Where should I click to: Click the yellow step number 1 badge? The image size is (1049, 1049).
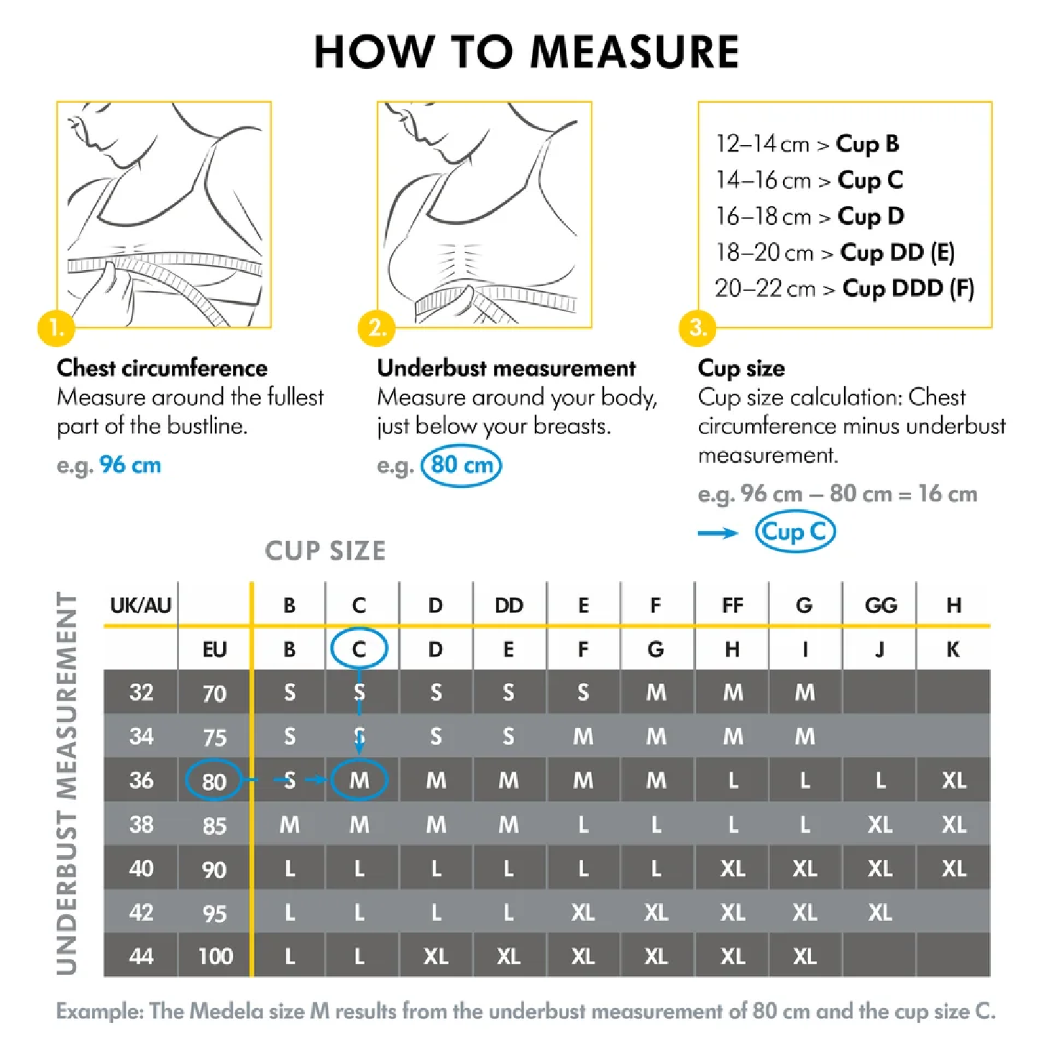(x=56, y=328)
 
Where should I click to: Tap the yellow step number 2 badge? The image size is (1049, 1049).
(x=377, y=328)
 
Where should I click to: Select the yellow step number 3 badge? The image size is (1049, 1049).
(x=697, y=328)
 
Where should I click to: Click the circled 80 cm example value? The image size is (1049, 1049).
(x=462, y=466)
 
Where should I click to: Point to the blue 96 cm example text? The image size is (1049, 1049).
(x=130, y=466)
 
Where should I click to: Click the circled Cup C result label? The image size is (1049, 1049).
(x=794, y=532)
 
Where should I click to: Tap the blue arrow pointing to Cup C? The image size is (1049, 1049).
(x=718, y=532)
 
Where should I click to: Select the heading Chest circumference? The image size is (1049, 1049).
(x=162, y=368)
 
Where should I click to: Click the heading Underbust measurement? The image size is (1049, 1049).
(x=506, y=368)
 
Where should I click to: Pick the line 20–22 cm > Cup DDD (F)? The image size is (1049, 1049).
(x=844, y=289)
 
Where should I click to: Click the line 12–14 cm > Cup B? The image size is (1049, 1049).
(x=807, y=144)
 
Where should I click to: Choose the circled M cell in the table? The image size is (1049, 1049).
(x=359, y=780)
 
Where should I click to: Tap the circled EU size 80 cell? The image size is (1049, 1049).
(x=214, y=781)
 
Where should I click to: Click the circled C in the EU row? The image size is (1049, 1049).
(x=359, y=649)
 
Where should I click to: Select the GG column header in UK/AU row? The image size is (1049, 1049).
(x=881, y=605)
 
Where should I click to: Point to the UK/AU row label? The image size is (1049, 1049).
(x=140, y=605)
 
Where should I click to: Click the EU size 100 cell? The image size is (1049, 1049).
(x=215, y=956)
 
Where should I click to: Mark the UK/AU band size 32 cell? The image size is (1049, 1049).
(x=141, y=693)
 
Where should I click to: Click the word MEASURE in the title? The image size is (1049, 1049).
(x=634, y=52)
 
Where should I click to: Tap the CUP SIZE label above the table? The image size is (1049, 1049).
(x=325, y=551)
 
